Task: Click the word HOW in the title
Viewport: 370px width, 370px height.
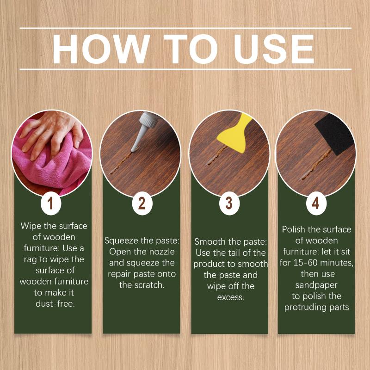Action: point(101,49)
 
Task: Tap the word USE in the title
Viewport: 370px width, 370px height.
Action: point(274,49)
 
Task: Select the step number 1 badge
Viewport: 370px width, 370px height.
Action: point(50,203)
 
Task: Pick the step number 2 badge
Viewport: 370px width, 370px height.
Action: point(142,203)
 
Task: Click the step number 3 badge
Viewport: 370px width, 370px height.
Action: point(229,203)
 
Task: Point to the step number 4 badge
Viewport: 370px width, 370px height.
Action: point(316,203)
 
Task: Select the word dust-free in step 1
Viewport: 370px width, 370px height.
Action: point(55,304)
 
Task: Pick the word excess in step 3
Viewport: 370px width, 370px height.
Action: point(230,297)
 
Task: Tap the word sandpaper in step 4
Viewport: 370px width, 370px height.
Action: point(316,285)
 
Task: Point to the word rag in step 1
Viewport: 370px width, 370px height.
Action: point(30,260)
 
